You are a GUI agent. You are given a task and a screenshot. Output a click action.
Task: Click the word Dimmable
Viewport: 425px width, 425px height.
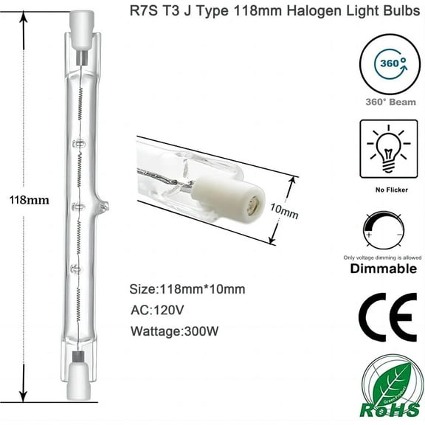387,269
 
